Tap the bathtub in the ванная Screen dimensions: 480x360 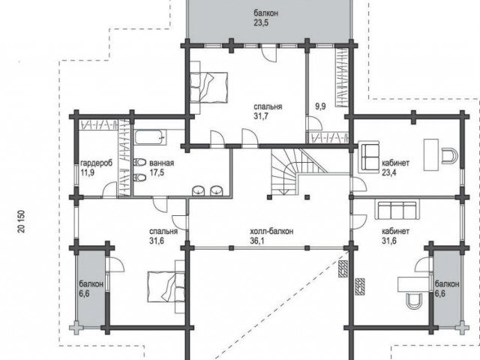pyautogui.click(x=150, y=137)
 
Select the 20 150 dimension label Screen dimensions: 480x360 pyautogui.click(x=22, y=221)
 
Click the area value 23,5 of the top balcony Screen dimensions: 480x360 pyautogui.click(x=261, y=23)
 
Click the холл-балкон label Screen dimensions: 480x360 pyautogui.click(x=271, y=231)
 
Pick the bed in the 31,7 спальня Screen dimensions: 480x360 pyautogui.click(x=208, y=87)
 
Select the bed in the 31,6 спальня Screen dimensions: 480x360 pyautogui.click(x=166, y=286)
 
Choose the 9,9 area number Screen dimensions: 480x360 pyautogui.click(x=320, y=106)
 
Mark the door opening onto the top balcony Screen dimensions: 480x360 pyautogui.click(x=268, y=52)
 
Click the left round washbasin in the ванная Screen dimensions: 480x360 pyautogui.click(x=199, y=190)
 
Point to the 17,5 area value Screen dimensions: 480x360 pyautogui.click(x=157, y=172)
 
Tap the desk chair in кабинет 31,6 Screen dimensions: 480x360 pyautogui.click(x=414, y=300)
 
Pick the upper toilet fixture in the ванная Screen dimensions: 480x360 pyautogui.click(x=140, y=162)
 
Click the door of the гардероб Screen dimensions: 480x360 pyautogui.click(x=109, y=190)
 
